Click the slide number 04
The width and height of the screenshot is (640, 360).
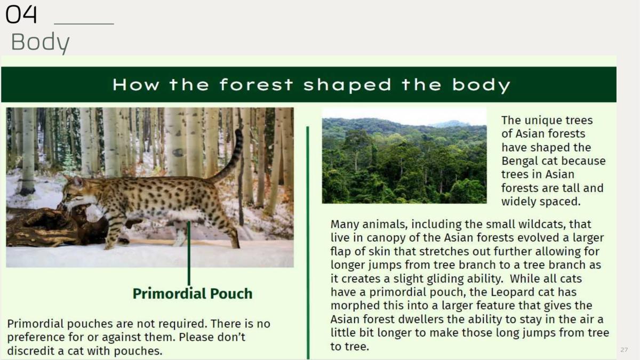pyautogui.click(x=21, y=14)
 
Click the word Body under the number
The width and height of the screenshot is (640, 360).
pyautogui.click(x=41, y=42)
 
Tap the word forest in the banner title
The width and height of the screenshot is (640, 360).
pyautogui.click(x=257, y=85)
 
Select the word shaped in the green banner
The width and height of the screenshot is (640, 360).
pyautogui.click(x=347, y=85)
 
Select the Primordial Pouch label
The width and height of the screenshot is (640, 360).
pyautogui.click(x=193, y=294)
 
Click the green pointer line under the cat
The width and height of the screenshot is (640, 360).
pyautogui.click(x=189, y=253)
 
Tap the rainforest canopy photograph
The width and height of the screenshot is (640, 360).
pyautogui.click(x=404, y=156)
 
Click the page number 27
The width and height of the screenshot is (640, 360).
pyautogui.click(x=624, y=350)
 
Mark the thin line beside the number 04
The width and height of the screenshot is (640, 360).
pyautogui.click(x=84, y=24)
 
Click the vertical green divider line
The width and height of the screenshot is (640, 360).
pyautogui.click(x=308, y=243)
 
